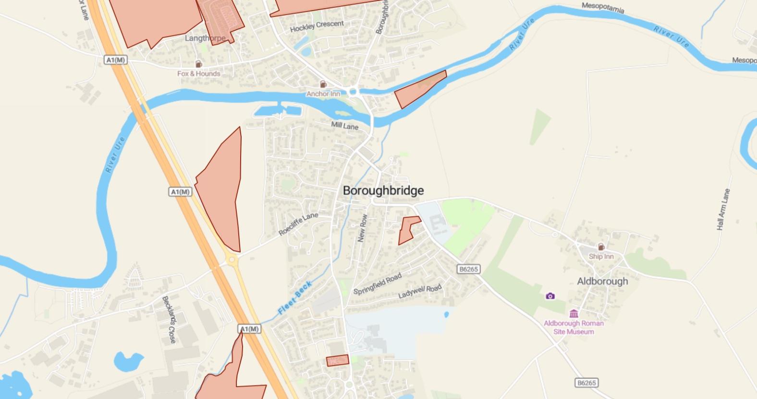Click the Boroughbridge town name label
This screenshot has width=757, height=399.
pyautogui.click(x=383, y=190)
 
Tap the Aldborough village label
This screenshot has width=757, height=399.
pyautogui.click(x=602, y=281)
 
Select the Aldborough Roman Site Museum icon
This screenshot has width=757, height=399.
pyautogui.click(x=574, y=314)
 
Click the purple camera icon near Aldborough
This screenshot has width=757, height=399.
pyautogui.click(x=550, y=296)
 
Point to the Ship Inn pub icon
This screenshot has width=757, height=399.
pyautogui.click(x=601, y=247)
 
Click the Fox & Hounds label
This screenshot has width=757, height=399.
pyautogui.click(x=198, y=73)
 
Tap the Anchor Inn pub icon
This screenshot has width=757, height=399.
pyautogui.click(x=323, y=84)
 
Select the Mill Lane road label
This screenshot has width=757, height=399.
pyautogui.click(x=344, y=126)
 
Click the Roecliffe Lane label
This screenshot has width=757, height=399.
pyautogui.click(x=298, y=224)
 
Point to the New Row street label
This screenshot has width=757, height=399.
pyautogui.click(x=363, y=228)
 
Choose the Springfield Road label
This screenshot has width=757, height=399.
pyautogui.click(x=377, y=284)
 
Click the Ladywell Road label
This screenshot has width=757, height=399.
pyautogui.click(x=419, y=291)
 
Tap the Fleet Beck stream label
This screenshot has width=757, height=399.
pyautogui.click(x=295, y=298)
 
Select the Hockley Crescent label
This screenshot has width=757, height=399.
pyautogui.click(x=317, y=26)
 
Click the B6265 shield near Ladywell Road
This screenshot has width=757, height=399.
pyautogui.click(x=468, y=269)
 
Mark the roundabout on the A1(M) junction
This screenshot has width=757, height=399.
pyautogui.click(x=232, y=259)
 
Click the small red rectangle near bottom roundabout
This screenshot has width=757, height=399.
pyautogui.click(x=337, y=360)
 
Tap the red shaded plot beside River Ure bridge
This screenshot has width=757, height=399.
pyautogui.click(x=419, y=90)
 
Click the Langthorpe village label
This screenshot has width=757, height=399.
pyautogui.click(x=205, y=38)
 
